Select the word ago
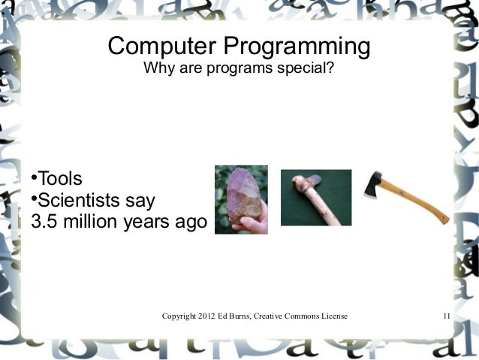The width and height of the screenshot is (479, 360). point(186,223)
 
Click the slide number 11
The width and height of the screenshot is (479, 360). point(447,317)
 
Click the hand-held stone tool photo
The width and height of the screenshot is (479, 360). point(241,199)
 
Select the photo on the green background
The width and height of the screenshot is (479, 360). point(315,197)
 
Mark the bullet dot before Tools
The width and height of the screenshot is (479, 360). point(34,179)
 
